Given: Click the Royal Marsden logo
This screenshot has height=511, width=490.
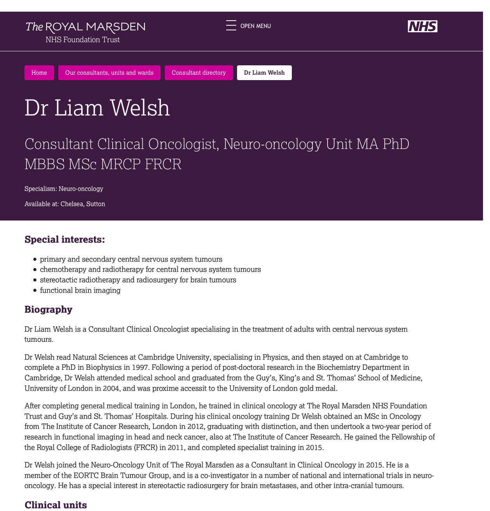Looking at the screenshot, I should [85, 32].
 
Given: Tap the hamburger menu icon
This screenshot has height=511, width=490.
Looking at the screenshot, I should [231, 26].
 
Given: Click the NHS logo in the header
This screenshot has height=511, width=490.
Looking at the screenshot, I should [422, 26].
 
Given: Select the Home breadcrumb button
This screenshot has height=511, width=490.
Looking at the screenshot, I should [39, 73].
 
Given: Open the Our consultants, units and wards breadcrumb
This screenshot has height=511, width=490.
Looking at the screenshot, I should [109, 73].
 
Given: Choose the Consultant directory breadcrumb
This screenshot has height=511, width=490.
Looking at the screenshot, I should [199, 73].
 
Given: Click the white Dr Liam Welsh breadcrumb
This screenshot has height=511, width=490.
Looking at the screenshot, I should [264, 73].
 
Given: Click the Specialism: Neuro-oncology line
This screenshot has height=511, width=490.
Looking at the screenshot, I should [64, 189].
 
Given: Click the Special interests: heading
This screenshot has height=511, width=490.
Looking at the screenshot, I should [65, 240].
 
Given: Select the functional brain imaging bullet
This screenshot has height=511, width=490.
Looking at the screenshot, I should [80, 290].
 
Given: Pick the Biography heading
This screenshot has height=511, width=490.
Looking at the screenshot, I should [48, 310].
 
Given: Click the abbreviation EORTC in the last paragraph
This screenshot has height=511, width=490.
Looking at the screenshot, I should [84, 476].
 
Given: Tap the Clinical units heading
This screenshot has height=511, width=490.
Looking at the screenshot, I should [56, 505].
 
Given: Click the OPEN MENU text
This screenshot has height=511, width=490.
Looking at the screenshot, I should [256, 26].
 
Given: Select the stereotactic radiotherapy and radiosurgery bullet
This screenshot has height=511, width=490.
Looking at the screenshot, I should [138, 280].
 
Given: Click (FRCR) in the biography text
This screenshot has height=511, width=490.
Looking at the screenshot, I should [145, 448].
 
